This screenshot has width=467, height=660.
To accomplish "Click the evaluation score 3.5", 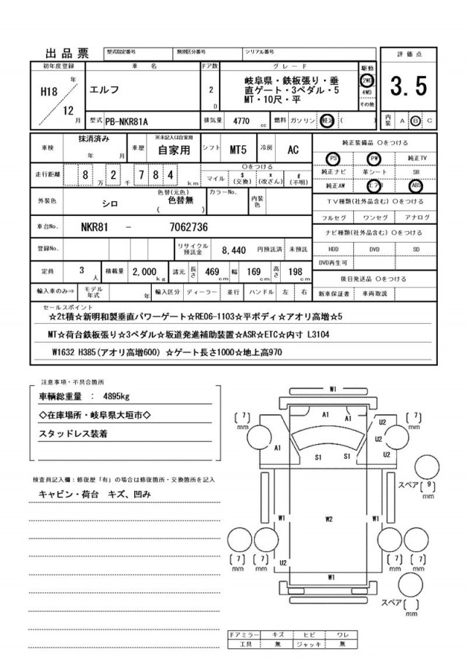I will [408, 87].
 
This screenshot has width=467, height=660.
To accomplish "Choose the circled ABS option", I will [416, 185].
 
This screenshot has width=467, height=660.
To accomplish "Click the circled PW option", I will [374, 158].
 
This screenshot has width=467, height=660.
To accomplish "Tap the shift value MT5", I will [238, 150].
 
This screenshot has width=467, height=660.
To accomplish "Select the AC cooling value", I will [293, 150].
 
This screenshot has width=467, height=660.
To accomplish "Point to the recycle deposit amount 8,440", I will [233, 249].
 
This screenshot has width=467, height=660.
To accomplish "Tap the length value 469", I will [212, 272].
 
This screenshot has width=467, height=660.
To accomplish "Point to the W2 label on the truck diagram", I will [328, 519].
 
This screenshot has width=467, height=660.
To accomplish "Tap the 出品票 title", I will [68, 53].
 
